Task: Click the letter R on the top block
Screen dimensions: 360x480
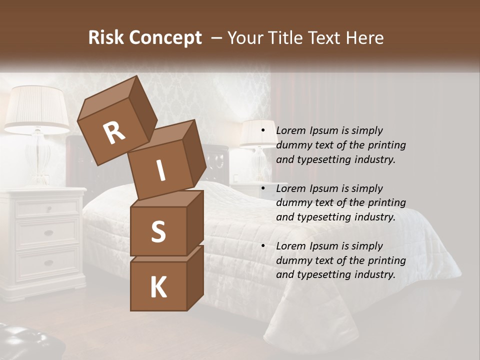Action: coord(114,132)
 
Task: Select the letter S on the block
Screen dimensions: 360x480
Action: coord(158,231)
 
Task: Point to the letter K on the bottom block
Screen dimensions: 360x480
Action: coord(158,287)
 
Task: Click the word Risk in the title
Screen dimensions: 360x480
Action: coord(107,37)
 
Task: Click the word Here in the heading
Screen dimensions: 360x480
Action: coord(365,37)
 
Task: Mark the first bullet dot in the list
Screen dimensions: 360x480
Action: coord(263,130)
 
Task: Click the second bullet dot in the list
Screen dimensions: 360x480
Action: coord(263,188)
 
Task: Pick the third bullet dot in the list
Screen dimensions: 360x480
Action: coord(263,246)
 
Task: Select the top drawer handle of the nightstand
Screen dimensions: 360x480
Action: coord(48,208)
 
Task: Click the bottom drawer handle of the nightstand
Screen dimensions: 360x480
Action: coord(48,263)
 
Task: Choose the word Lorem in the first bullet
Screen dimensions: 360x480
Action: coord(291,130)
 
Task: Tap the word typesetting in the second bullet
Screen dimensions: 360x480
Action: coord(320,217)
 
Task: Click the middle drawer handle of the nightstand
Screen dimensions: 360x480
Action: coord(48,233)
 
